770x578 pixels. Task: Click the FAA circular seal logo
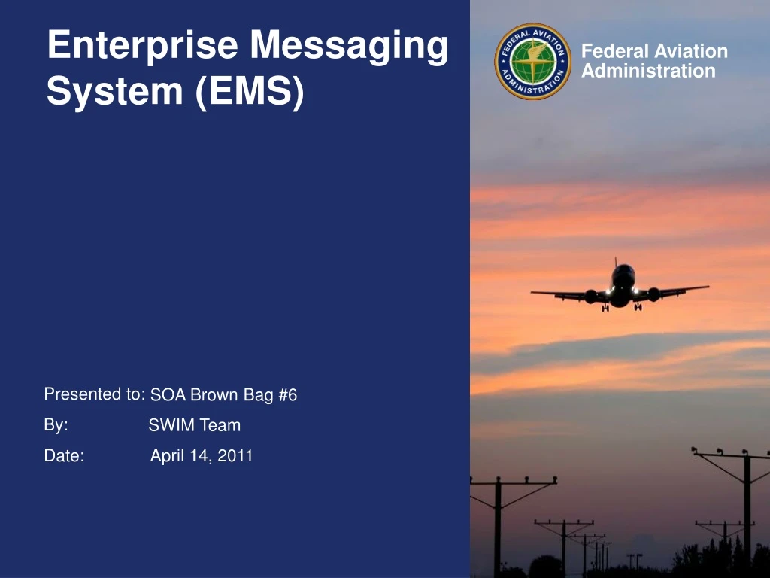533,61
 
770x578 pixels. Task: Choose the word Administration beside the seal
648,71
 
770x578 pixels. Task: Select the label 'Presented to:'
94,394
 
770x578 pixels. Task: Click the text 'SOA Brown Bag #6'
223,395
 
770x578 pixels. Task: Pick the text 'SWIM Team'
194,425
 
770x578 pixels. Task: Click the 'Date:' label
64,456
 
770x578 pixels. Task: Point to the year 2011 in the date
235,455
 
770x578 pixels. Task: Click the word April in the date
167,456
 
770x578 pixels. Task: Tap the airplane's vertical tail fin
616,263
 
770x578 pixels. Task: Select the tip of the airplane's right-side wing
706,287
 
